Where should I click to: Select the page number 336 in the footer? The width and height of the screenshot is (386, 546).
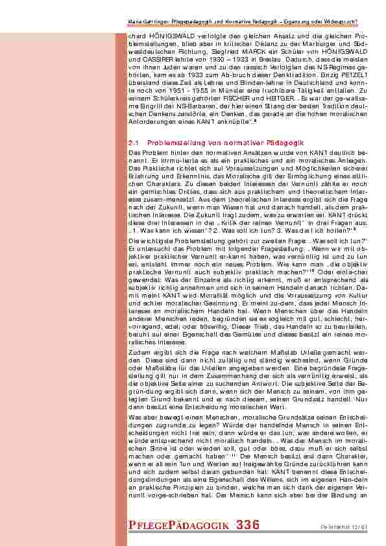(248, 524)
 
